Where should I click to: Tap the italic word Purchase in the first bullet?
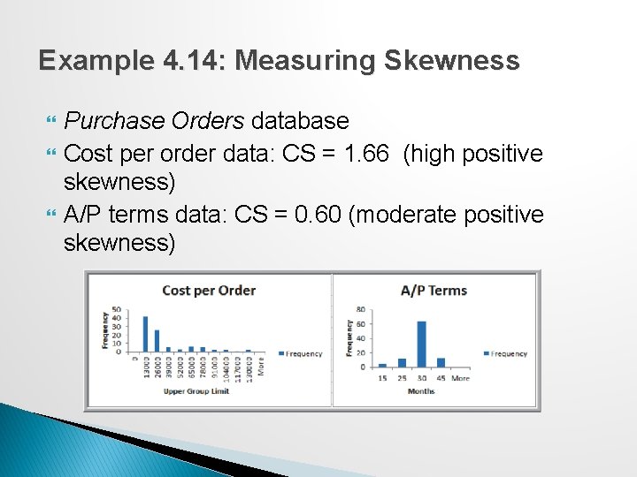[112, 120]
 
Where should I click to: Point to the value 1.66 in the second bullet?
[365, 154]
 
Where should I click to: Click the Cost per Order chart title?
[209, 291]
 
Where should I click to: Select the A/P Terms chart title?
[434, 291]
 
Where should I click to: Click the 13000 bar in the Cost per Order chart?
[145, 333]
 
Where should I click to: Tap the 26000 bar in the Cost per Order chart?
[157, 340]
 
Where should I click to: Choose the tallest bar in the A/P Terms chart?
[421, 343]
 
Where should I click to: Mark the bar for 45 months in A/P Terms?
[441, 361]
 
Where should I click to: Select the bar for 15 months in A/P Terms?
[382, 364]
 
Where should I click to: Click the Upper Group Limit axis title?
[196, 391]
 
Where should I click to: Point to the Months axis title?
[421, 391]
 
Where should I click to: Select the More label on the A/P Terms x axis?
[461, 378]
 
